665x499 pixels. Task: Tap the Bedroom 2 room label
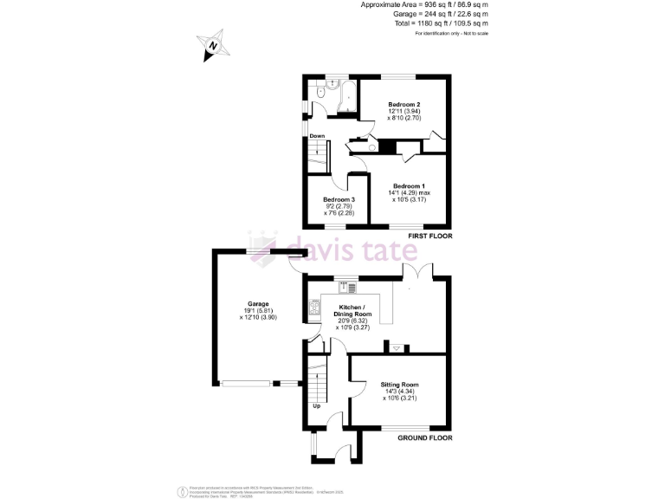coord(404,104)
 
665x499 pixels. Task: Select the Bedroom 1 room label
coord(409,186)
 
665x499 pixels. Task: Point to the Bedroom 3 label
coord(339,200)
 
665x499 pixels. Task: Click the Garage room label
coord(257,304)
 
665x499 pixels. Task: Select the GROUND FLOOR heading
coord(424,437)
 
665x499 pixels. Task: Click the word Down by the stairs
coord(317,136)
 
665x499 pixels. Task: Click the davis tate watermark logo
coord(333,249)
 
